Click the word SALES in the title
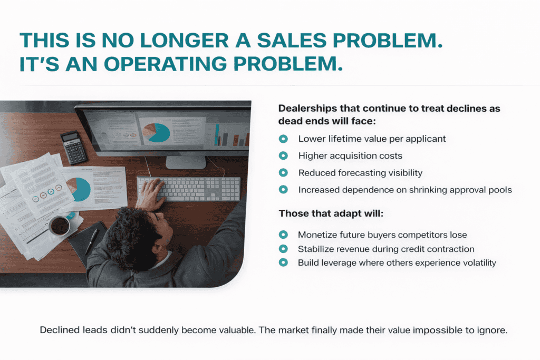tap(292, 40)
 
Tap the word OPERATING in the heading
tap(166, 64)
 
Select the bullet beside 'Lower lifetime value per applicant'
tap(283, 139)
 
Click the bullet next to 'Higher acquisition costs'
tap(283, 155)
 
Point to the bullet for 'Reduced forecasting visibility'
tap(283, 172)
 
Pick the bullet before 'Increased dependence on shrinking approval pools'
tap(283, 189)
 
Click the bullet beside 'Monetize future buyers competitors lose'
tap(283, 235)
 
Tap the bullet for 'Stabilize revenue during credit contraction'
tap(283, 249)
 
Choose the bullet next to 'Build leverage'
tap(283, 262)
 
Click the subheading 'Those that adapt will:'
tap(331, 213)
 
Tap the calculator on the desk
tap(74, 147)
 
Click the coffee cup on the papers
tap(60, 226)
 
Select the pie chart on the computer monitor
tap(157, 132)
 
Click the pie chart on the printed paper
tap(79, 189)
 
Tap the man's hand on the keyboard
tap(150, 195)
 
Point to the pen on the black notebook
tap(91, 242)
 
